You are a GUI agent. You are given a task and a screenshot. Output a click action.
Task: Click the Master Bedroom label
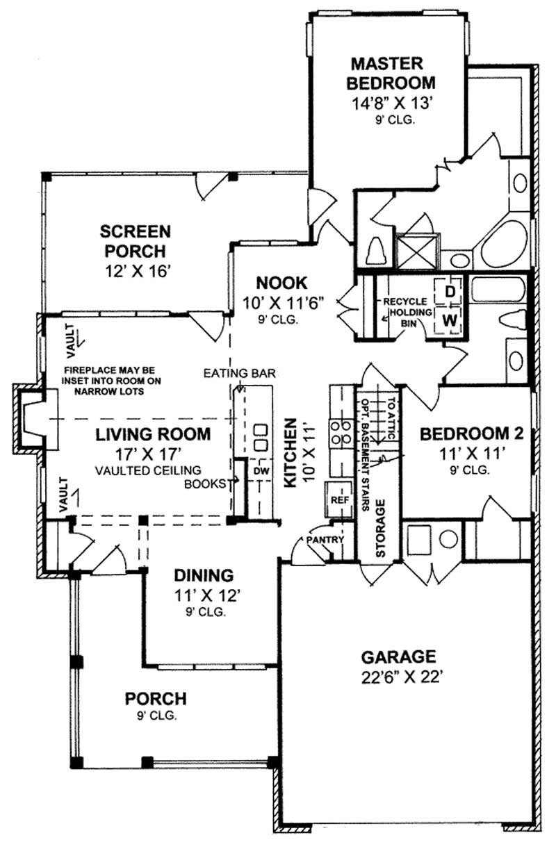(393, 74)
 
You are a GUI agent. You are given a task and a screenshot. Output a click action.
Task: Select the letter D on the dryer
(450, 292)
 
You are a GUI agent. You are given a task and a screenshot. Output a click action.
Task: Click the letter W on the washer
(450, 320)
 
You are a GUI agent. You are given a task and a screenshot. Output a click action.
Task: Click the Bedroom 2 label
(471, 434)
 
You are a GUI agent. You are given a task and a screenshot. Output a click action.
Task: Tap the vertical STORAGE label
(380, 527)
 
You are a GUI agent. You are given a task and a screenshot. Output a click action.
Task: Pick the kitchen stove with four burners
(341, 431)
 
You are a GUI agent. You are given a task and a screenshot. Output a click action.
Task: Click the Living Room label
(153, 435)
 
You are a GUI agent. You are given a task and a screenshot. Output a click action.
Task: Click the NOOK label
(281, 283)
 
